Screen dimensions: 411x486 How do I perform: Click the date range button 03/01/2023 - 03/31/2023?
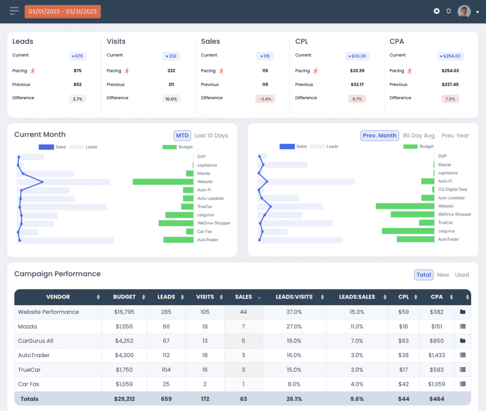(63, 11)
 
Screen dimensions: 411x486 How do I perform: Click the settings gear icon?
(437, 11)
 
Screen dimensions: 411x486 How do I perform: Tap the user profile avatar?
(464, 11)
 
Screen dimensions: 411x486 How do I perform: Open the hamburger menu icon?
(14, 11)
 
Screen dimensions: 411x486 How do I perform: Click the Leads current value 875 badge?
(77, 56)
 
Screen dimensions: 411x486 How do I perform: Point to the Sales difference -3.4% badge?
(265, 99)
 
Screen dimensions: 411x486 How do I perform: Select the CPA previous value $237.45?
(450, 84)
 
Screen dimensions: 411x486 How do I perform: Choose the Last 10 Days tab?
(211, 135)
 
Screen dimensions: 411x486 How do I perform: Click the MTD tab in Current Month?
(182, 135)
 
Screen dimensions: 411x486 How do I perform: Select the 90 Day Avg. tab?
(419, 135)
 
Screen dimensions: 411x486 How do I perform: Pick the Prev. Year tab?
(455, 135)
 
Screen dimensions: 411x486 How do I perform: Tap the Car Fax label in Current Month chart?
(205, 232)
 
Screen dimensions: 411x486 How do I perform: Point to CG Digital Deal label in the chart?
(452, 189)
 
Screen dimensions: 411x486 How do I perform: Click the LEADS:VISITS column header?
(294, 297)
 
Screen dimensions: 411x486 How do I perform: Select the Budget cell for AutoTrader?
(124, 355)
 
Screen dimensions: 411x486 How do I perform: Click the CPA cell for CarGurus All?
(437, 341)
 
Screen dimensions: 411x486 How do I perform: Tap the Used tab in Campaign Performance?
(462, 275)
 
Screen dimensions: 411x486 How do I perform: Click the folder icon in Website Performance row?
(463, 312)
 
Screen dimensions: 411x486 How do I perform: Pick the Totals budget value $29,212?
(124, 399)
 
